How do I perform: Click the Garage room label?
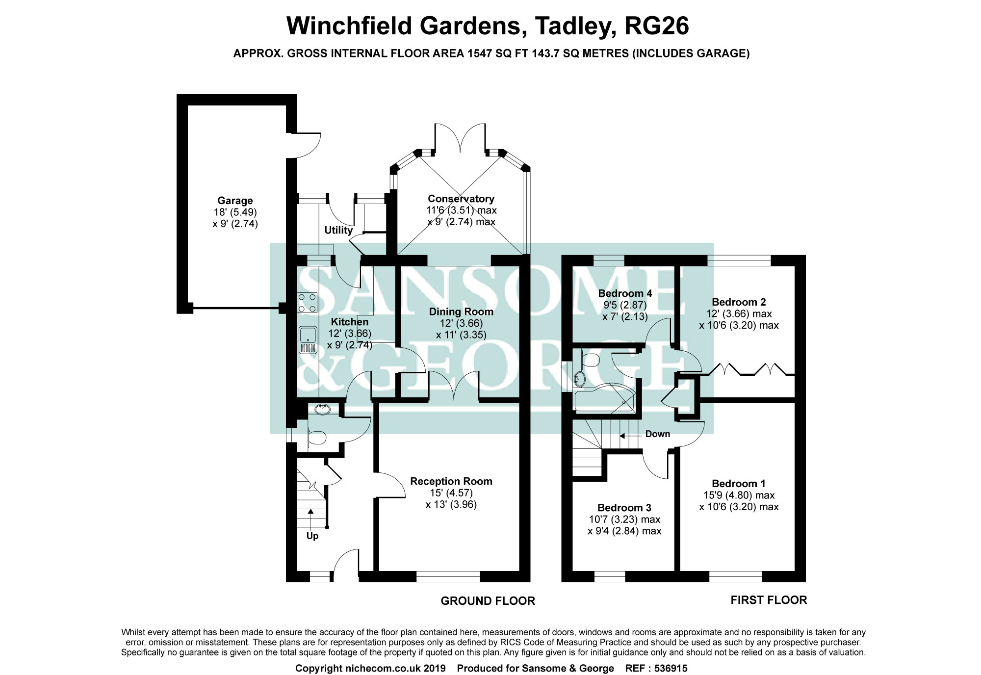[x=235, y=201]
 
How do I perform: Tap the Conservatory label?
[x=461, y=199]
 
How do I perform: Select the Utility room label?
[x=338, y=230]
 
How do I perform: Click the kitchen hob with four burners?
[x=308, y=303]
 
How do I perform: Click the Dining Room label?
[x=461, y=312]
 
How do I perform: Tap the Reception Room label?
[x=451, y=481]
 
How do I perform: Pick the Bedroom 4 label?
[x=625, y=293]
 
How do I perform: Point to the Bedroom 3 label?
[x=624, y=508]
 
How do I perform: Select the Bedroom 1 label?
[x=739, y=484]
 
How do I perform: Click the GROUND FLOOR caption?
[x=488, y=601]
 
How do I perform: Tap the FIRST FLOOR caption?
[x=768, y=600]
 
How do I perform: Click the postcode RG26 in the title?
[x=656, y=26]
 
